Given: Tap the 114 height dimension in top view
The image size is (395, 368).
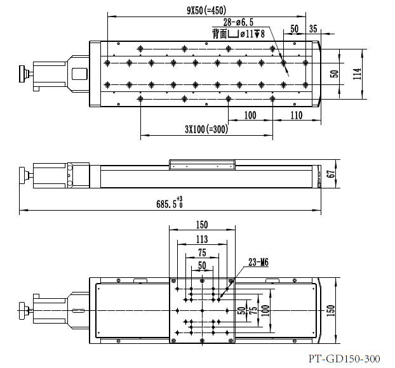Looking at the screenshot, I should [x=358, y=74].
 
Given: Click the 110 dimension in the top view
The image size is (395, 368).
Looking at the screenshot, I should [x=296, y=115].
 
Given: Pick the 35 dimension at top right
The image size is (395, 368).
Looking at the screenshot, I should [x=313, y=29].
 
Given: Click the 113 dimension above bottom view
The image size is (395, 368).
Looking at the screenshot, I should [x=201, y=239].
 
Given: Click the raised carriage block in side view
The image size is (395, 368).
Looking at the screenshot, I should [x=201, y=164].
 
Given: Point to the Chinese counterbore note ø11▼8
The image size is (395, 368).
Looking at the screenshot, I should [x=236, y=34].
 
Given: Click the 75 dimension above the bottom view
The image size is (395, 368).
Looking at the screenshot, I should [x=201, y=252].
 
